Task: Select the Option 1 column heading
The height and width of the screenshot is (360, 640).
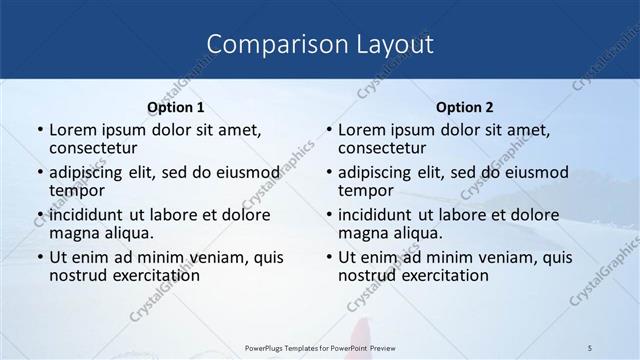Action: (x=176, y=107)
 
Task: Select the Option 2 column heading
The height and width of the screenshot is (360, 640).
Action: (x=465, y=107)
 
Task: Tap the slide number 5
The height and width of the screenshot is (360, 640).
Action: (x=591, y=346)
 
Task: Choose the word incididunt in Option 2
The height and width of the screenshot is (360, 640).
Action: (x=379, y=215)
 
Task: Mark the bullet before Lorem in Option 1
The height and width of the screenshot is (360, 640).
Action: (x=40, y=131)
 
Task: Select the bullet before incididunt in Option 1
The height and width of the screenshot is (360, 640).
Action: (x=40, y=215)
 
